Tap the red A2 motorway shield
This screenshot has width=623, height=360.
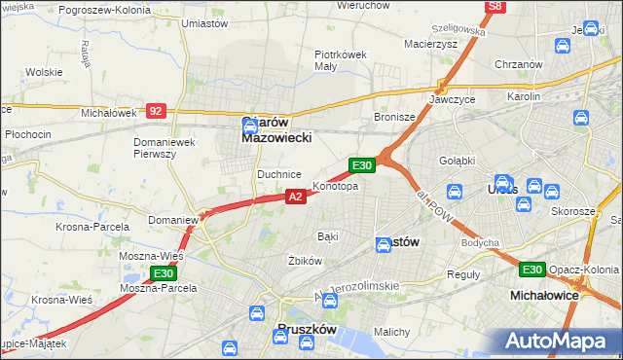(x=298, y=197)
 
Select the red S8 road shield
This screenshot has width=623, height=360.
(x=496, y=7)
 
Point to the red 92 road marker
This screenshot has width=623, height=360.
(x=157, y=111)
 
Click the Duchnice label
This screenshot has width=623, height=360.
(x=278, y=174)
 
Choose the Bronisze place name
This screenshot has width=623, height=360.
(x=394, y=117)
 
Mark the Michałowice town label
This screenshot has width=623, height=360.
(x=545, y=294)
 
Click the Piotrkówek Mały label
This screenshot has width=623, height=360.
(x=340, y=60)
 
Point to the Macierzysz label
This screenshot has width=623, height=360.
(x=430, y=44)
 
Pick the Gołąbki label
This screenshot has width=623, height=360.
(x=456, y=161)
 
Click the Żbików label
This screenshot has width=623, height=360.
(x=304, y=261)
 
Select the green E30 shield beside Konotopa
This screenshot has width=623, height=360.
(x=362, y=166)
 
